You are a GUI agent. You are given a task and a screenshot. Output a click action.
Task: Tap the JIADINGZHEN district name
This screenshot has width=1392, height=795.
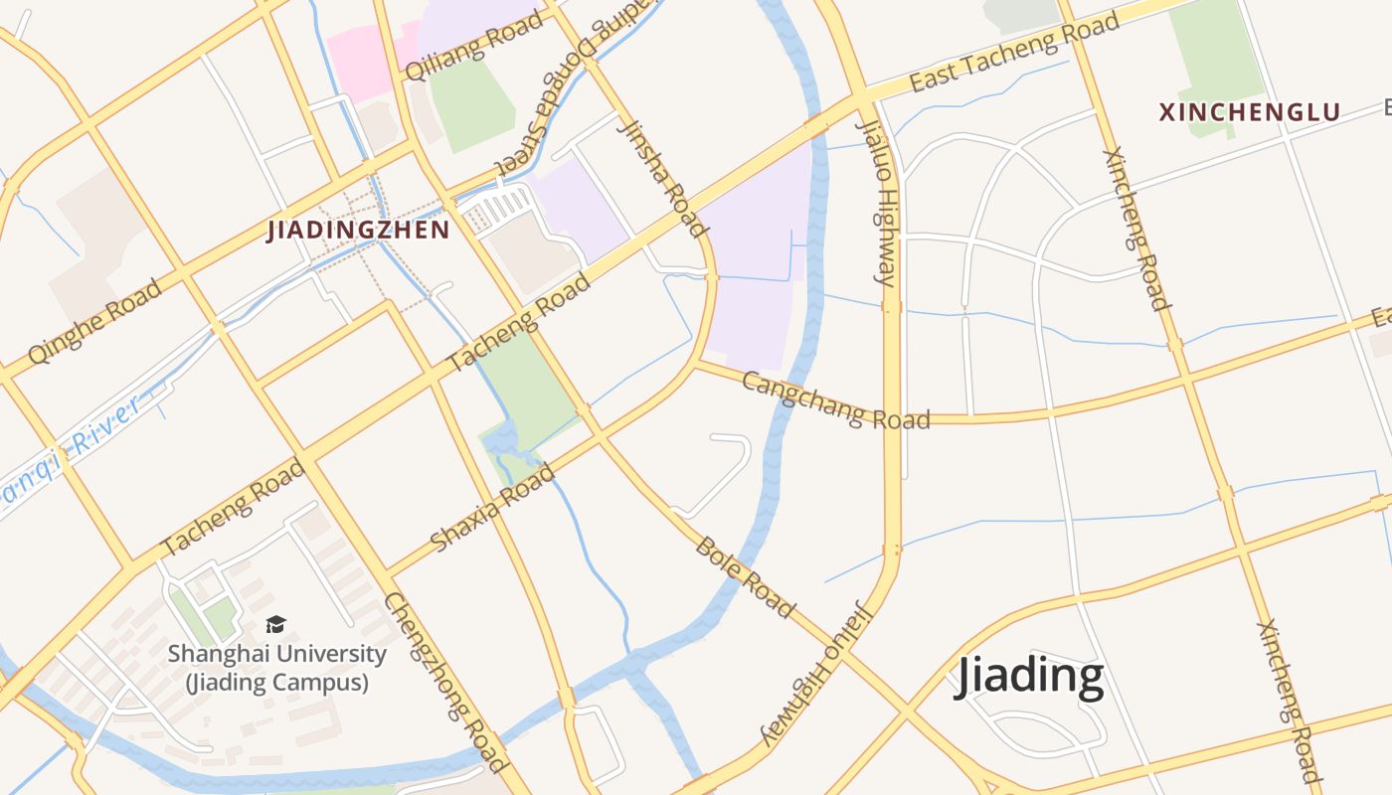click(x=358, y=231)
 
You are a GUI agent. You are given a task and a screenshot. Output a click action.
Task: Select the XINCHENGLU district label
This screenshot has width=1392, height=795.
click(x=1250, y=112)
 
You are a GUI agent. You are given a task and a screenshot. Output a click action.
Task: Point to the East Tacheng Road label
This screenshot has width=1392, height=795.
click(x=1014, y=53)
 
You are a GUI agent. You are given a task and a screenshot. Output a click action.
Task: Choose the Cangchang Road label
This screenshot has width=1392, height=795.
click(x=836, y=400)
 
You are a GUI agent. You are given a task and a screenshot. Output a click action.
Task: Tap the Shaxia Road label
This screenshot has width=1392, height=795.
click(x=492, y=507)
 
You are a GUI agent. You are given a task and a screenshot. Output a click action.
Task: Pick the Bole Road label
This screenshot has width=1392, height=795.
click(x=746, y=576)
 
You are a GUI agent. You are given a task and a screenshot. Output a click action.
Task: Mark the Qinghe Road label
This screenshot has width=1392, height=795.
click(x=94, y=320)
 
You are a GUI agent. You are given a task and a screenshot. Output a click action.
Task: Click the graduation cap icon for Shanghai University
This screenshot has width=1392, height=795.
click(x=275, y=624)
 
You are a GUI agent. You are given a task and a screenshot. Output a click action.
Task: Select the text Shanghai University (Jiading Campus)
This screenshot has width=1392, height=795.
click(x=276, y=668)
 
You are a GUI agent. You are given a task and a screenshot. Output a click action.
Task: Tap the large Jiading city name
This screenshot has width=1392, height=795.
click(x=1029, y=677)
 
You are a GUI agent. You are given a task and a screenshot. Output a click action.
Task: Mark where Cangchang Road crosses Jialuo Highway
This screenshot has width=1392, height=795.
click(x=892, y=418)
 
